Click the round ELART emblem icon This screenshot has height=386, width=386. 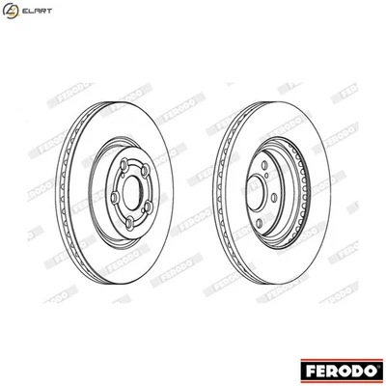click(x=13, y=13)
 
